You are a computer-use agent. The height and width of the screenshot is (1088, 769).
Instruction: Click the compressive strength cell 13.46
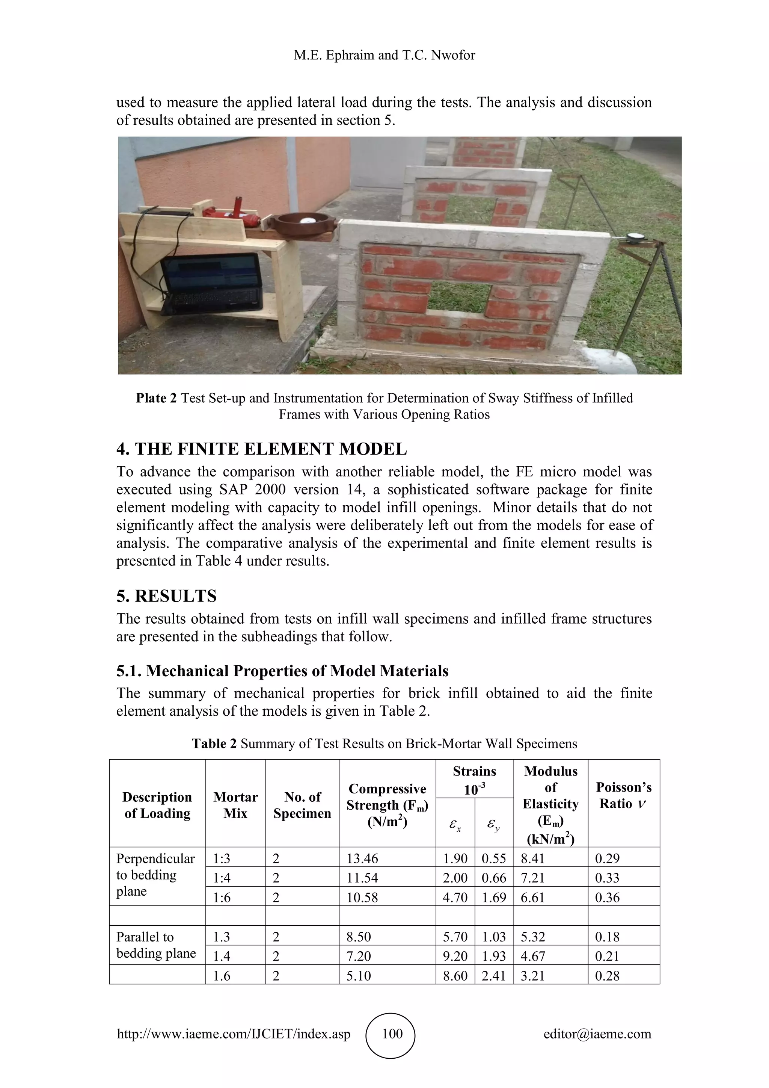tap(363, 859)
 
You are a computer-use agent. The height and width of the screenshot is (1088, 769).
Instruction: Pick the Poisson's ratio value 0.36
tap(607, 898)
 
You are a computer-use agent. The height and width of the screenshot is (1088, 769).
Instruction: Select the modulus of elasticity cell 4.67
tap(533, 956)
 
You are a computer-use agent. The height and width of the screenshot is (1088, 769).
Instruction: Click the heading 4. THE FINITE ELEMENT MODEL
tap(261, 449)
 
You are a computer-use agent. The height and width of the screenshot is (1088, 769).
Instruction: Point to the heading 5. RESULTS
tap(166, 595)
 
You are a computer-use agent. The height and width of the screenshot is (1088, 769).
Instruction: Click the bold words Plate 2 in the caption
tap(156, 398)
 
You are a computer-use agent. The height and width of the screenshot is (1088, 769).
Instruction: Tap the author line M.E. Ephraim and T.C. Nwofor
tap(384, 56)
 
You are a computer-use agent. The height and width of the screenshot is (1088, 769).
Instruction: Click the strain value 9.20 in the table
tap(455, 956)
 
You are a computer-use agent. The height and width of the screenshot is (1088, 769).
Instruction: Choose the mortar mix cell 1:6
tap(222, 898)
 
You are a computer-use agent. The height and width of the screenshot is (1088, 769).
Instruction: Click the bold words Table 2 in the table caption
tap(214, 743)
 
